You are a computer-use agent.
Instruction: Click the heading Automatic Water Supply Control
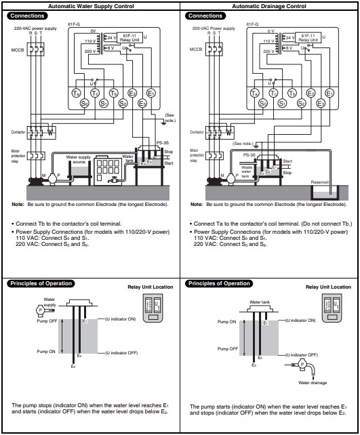[90, 5]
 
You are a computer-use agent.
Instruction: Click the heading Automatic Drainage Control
[269, 5]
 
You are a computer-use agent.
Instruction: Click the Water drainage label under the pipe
[313, 382]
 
